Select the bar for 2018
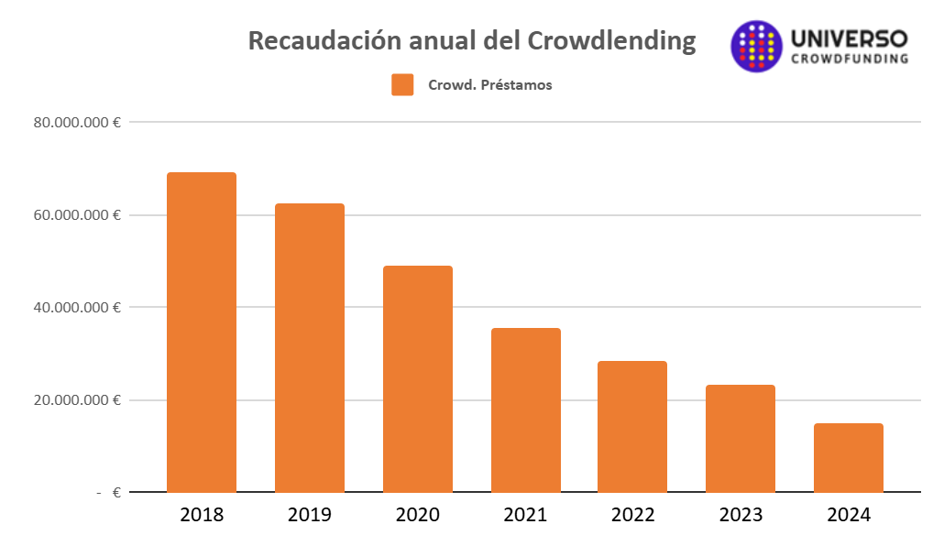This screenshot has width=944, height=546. [x=201, y=332]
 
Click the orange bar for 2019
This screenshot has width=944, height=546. [x=309, y=347]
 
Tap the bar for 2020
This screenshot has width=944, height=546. [x=417, y=378]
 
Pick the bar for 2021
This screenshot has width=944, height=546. [x=525, y=409]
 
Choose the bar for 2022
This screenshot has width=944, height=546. [x=632, y=426]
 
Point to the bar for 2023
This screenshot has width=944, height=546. [x=741, y=438]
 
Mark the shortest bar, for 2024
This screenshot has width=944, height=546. [x=849, y=457]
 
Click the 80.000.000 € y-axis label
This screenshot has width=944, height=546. [x=78, y=122]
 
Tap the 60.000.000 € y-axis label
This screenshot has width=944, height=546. [x=78, y=215]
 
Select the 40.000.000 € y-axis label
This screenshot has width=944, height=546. [x=78, y=308]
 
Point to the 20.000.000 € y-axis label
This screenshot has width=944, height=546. [x=78, y=400]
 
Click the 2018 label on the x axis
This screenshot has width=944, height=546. [x=202, y=515]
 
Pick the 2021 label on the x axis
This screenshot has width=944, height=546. [x=525, y=515]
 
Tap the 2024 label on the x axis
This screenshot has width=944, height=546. [x=849, y=515]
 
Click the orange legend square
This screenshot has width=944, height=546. [x=402, y=85]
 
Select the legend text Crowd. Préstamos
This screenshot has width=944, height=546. [x=489, y=85]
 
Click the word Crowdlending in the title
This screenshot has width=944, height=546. [x=611, y=41]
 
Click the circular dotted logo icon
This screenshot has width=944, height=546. [x=756, y=46]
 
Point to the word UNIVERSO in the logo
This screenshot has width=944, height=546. [x=849, y=38]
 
